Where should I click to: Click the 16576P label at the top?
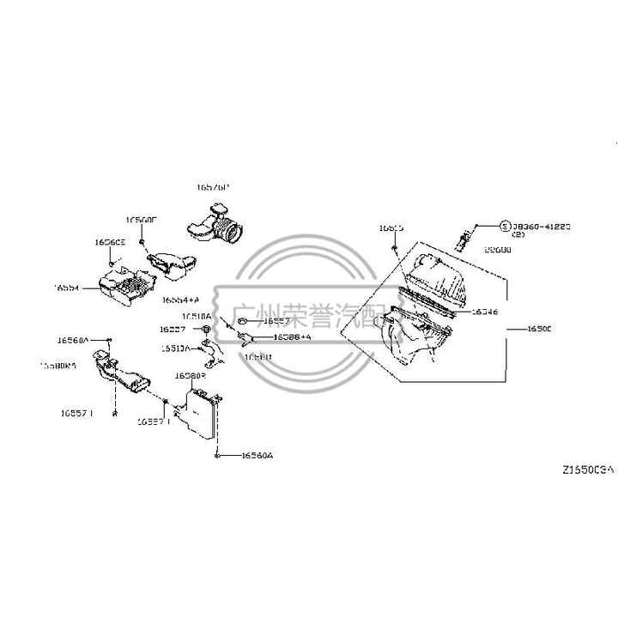[213, 186]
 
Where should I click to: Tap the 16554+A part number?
[180, 300]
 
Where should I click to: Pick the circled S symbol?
[505, 226]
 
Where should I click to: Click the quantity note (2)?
[519, 234]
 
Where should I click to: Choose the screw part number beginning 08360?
[542, 226]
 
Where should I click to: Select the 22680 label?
[497, 250]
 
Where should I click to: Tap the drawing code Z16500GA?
[588, 470]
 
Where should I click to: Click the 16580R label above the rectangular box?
[190, 376]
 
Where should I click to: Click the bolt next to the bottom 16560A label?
[219, 455]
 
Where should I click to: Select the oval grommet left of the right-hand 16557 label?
[242, 321]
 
